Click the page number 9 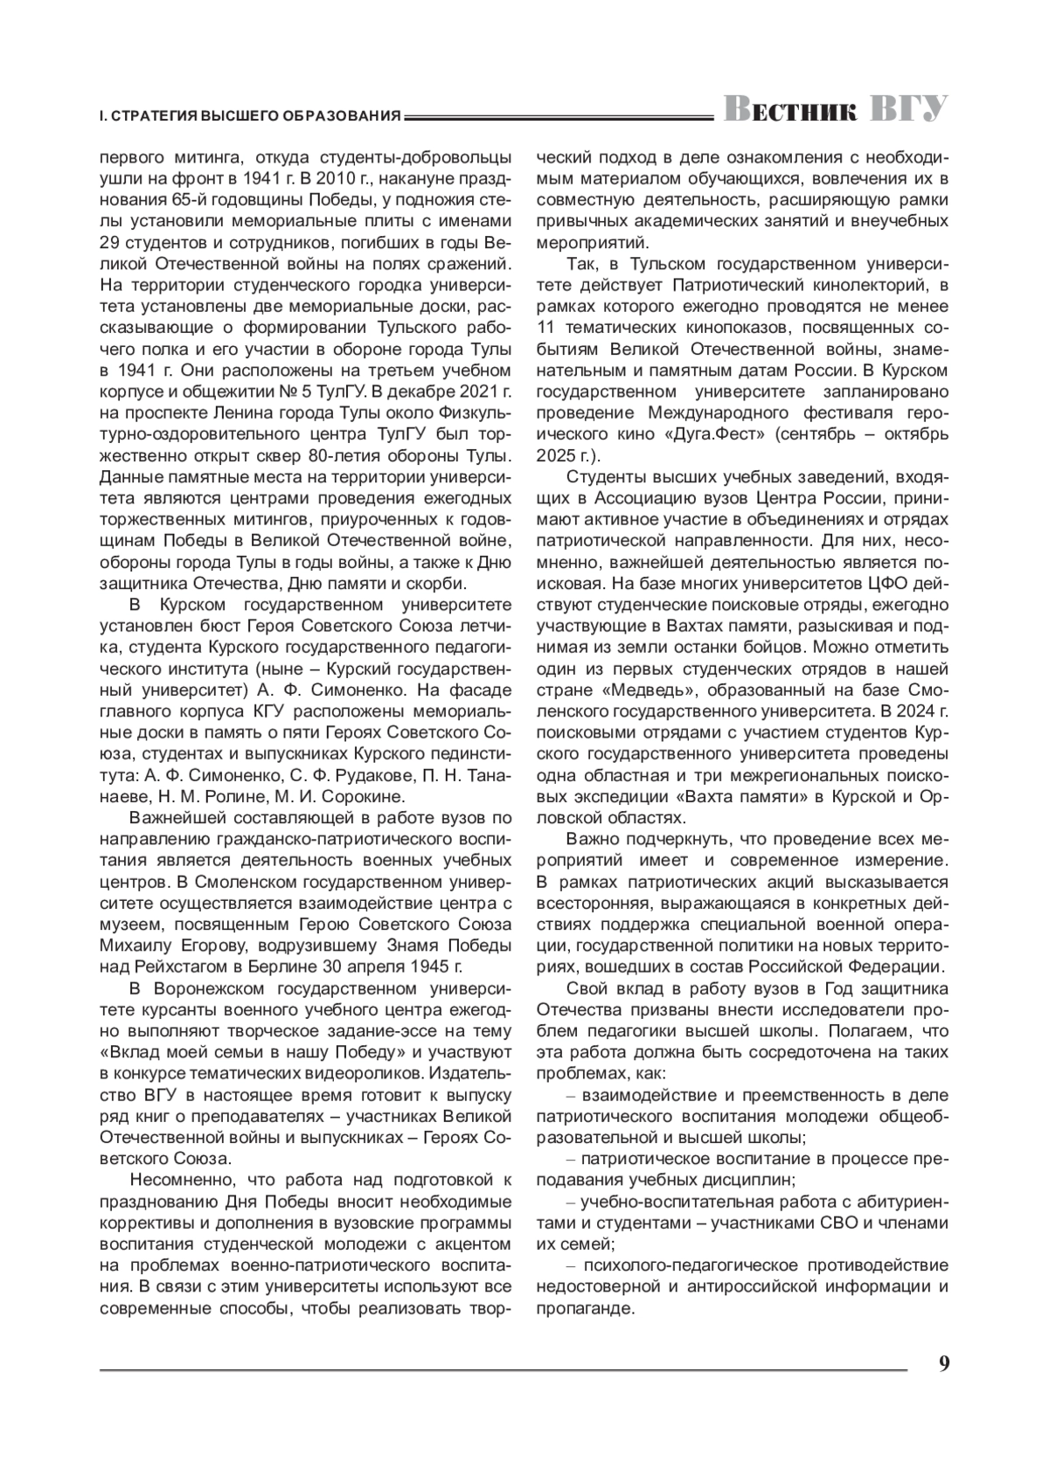[944, 1364]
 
